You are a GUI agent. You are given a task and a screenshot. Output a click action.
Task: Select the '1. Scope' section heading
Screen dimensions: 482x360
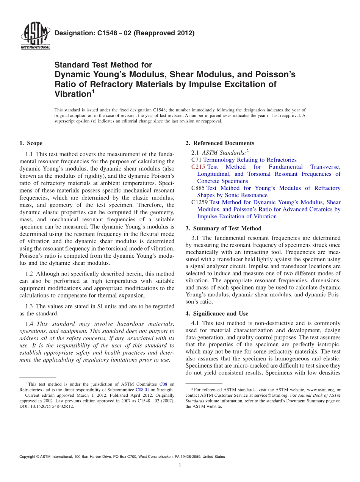(x=31, y=143)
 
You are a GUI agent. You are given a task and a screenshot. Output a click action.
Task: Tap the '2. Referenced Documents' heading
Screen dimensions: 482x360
(x=220, y=143)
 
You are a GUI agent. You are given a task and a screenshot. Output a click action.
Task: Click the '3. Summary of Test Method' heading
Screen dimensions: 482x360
(x=224, y=228)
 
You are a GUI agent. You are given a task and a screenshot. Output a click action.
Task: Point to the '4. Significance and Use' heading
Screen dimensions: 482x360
(x=217, y=313)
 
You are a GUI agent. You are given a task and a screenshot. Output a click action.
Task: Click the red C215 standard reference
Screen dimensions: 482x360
(x=198, y=167)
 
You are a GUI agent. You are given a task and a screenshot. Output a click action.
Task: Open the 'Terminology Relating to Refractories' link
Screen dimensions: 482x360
(x=250, y=160)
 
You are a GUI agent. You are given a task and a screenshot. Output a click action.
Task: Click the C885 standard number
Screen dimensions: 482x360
(x=198, y=188)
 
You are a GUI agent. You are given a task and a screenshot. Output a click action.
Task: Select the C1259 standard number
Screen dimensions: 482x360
(x=200, y=202)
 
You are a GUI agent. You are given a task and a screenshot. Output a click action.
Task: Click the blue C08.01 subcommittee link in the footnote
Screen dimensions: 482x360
(x=142, y=390)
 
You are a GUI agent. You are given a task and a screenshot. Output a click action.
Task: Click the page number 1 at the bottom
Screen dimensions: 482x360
(x=180, y=465)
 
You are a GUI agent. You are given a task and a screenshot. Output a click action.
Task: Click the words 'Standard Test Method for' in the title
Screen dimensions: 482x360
(x=103, y=65)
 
